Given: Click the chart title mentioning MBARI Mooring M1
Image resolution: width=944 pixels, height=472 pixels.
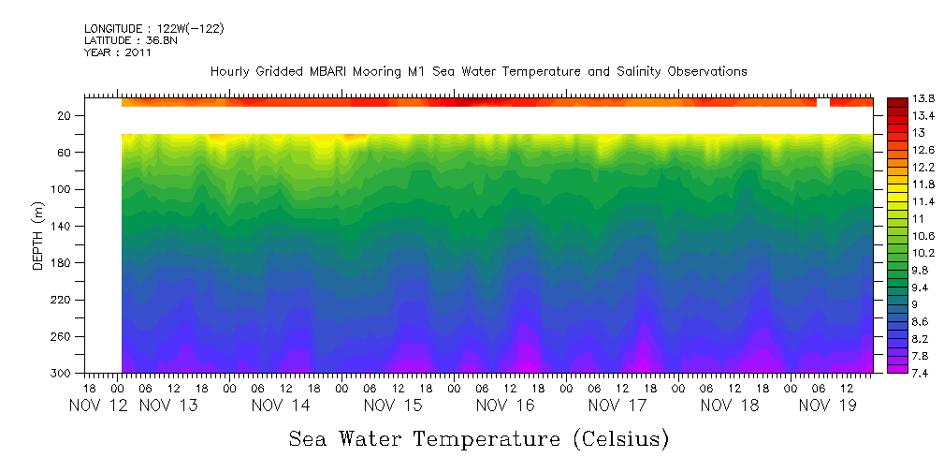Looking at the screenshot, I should tap(478, 71).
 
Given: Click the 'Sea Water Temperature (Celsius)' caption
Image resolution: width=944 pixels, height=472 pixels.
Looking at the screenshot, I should tap(479, 438).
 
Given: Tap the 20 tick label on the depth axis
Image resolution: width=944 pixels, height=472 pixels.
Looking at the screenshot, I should tap(65, 115).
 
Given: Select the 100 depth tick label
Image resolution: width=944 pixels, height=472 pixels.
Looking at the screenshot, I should tap(63, 189).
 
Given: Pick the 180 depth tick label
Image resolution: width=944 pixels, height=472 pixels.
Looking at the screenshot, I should tap(63, 263).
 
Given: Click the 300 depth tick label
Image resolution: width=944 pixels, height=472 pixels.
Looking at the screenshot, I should tap(63, 373).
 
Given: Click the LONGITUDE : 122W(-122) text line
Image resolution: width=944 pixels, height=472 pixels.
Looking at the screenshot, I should tap(153, 28).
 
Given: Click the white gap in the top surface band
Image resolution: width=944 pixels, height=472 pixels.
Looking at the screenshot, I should tap(822, 101).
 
